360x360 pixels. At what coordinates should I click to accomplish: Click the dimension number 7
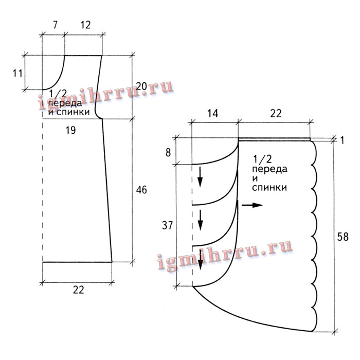(x=55, y=25)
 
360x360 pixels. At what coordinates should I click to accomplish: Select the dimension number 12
(x=85, y=25)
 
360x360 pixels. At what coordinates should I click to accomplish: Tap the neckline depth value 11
(x=17, y=74)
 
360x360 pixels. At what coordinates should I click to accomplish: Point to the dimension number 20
(x=141, y=86)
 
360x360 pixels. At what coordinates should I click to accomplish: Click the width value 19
(x=70, y=130)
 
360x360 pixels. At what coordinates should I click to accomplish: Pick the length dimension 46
(x=141, y=190)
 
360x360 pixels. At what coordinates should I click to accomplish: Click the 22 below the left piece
(x=79, y=290)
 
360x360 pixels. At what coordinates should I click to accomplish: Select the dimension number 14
(x=213, y=114)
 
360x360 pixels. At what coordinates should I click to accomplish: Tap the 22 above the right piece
(x=276, y=114)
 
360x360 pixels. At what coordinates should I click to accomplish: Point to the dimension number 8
(x=168, y=153)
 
